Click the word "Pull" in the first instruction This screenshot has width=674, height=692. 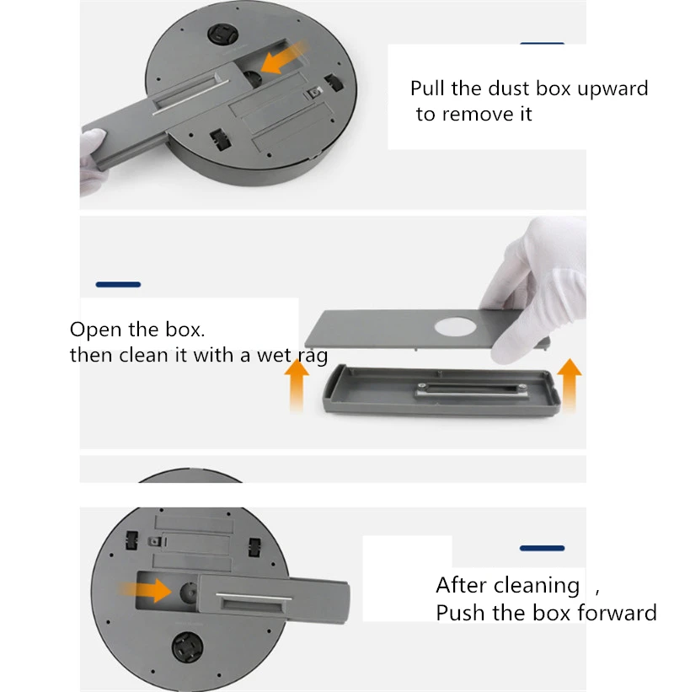427,88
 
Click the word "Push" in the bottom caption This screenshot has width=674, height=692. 460,613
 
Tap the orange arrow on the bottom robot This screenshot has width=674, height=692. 146,590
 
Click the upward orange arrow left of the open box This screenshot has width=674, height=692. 297,386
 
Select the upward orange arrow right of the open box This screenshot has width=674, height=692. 570,385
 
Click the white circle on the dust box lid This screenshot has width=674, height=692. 455,328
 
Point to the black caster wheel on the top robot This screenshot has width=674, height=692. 222,35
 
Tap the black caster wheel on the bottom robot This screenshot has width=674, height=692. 188,647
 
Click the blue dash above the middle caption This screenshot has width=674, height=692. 118,285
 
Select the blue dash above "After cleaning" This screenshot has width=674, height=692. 542,548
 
